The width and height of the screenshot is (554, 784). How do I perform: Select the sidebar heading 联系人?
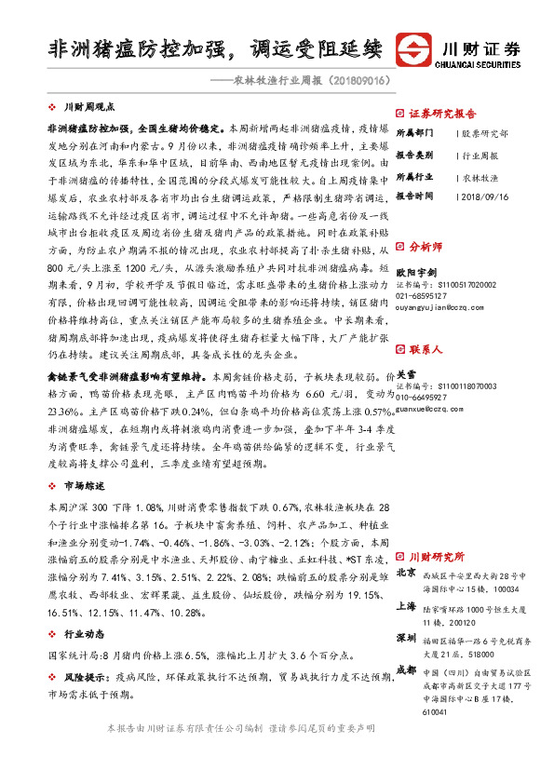click(x=425, y=348)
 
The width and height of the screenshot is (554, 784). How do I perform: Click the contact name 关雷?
click(x=407, y=371)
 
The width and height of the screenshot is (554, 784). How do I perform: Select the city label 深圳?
click(x=406, y=638)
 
